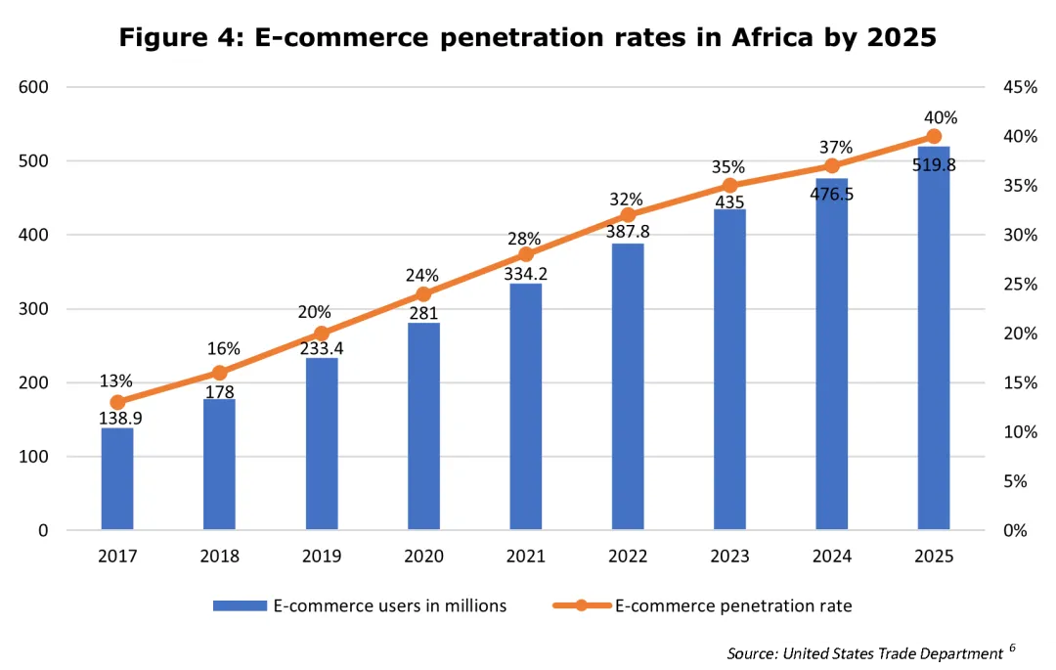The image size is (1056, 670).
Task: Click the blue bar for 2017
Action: pos(117,479)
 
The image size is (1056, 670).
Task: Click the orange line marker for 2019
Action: pos(321,334)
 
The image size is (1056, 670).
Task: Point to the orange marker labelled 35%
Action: pos(729,186)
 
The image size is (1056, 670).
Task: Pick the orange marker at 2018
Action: pos(219,373)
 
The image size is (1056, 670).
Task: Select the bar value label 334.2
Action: pos(525,275)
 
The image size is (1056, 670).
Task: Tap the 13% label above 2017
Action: pos(116,381)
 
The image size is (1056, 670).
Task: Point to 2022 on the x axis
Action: pos(628,557)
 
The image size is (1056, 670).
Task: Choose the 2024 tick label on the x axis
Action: pos(831,557)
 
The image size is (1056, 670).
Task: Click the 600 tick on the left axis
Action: pos(37,87)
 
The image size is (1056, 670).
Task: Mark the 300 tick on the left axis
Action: pos(37,309)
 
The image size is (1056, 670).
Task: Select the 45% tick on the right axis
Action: pos(1020,87)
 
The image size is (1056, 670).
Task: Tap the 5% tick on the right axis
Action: pos(1016,481)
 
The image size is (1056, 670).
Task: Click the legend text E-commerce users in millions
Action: pos(390,606)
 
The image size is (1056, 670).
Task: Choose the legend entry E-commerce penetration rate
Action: pos(733,606)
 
